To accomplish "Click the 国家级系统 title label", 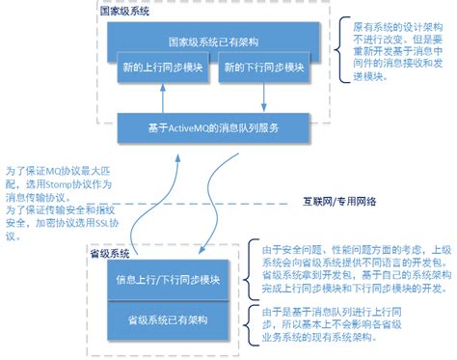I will [124, 13].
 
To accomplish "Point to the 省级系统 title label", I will [109, 253].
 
